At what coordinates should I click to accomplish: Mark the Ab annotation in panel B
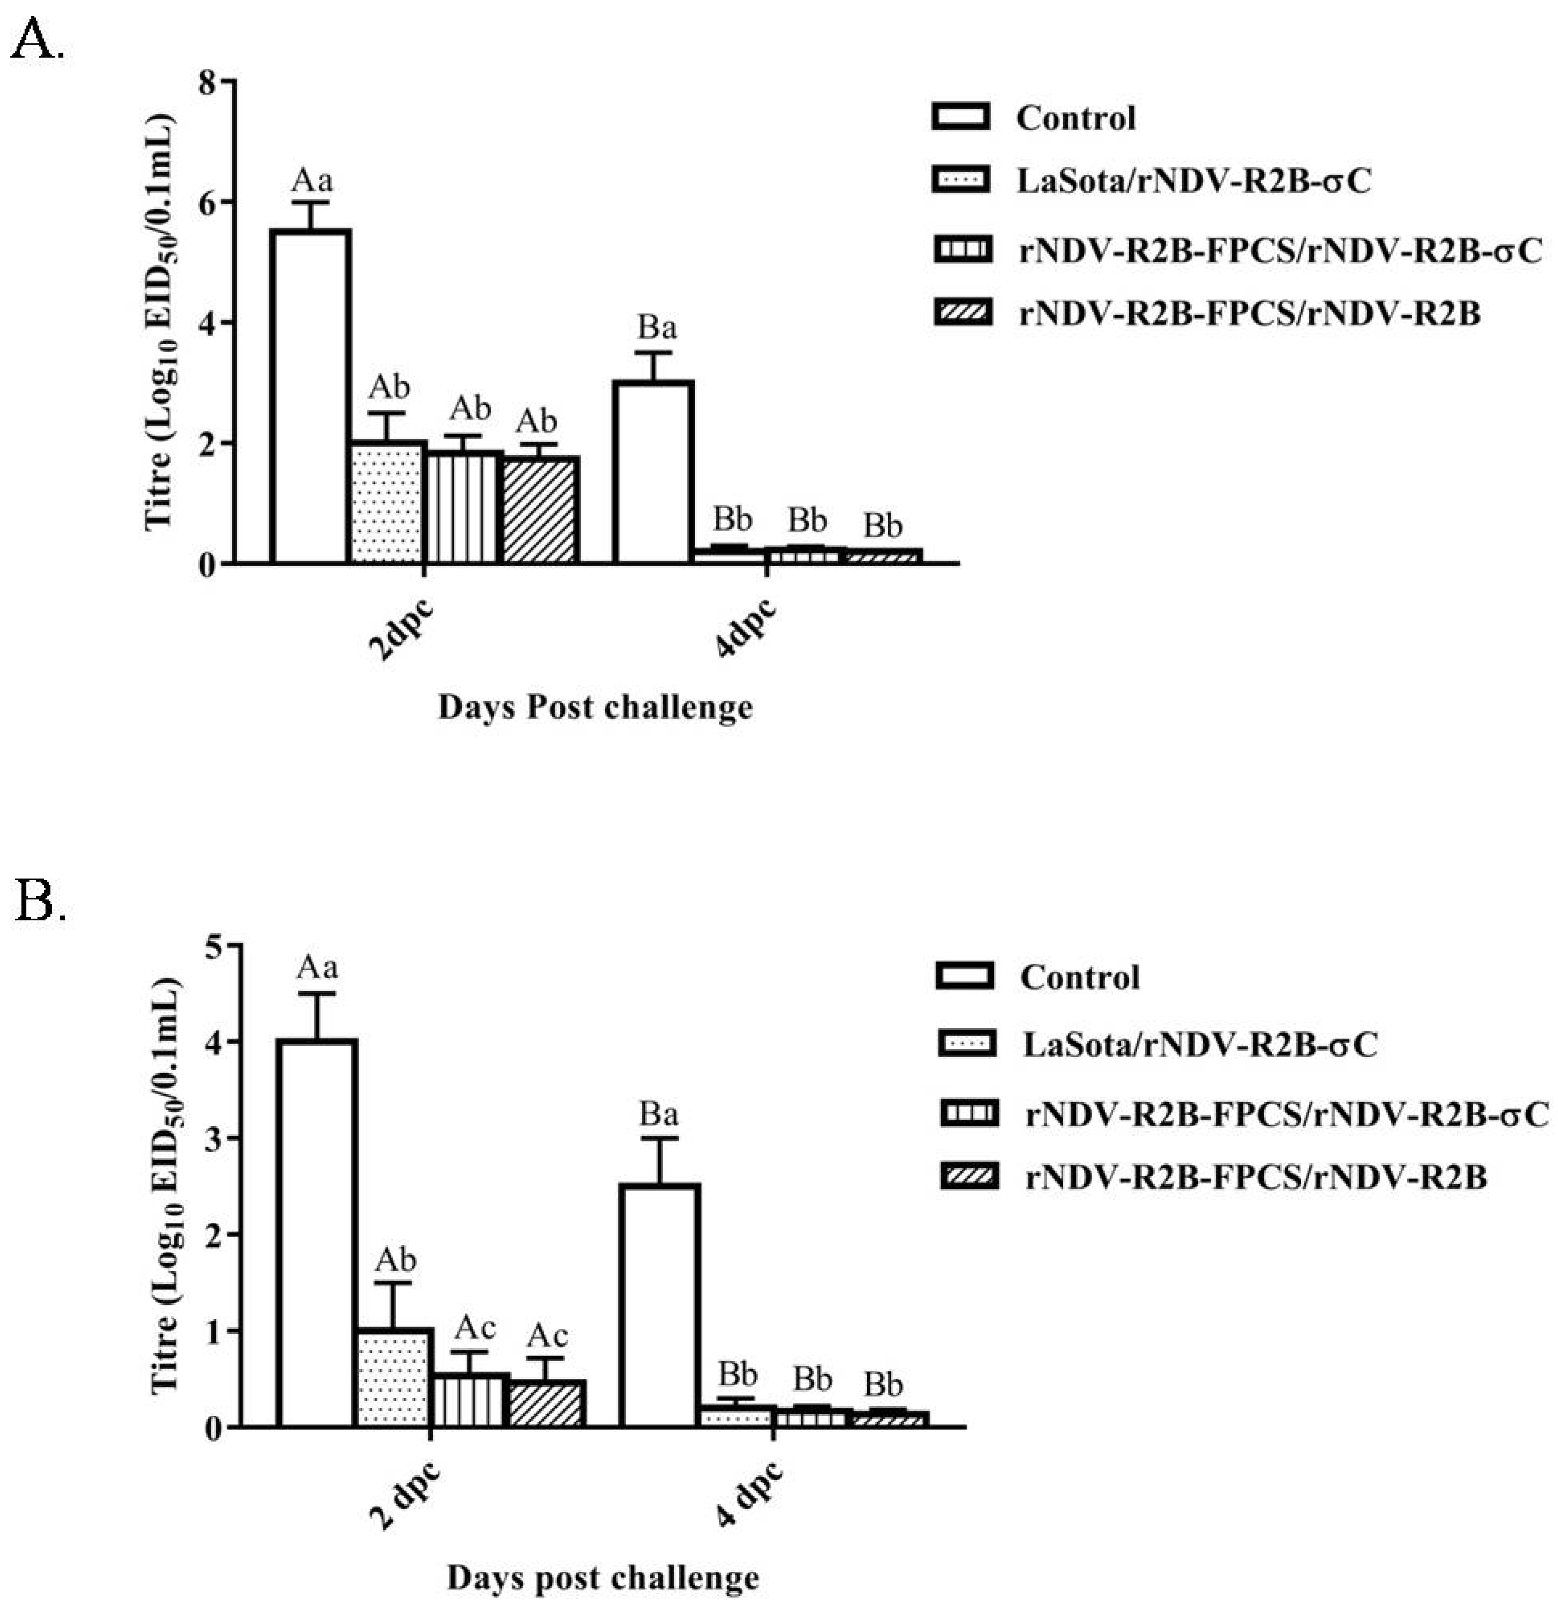click(x=395, y=1259)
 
